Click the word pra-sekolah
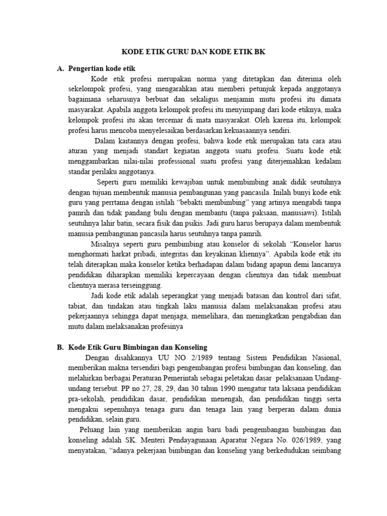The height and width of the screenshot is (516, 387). tap(84, 400)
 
